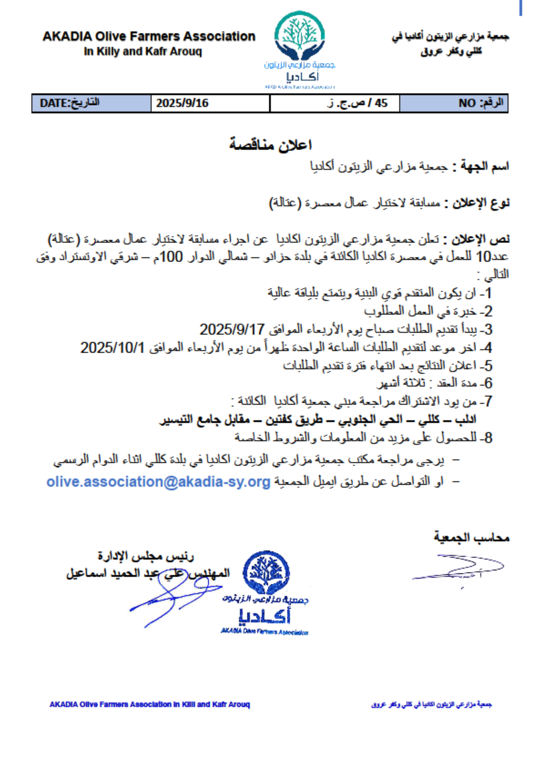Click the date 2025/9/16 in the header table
click(x=182, y=103)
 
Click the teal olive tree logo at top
click(x=299, y=37)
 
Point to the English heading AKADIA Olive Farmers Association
click(x=149, y=36)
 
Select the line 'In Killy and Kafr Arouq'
click(x=143, y=52)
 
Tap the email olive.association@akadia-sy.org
click(x=158, y=482)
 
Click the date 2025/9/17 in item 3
click(x=232, y=330)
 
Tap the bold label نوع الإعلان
click(x=481, y=203)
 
